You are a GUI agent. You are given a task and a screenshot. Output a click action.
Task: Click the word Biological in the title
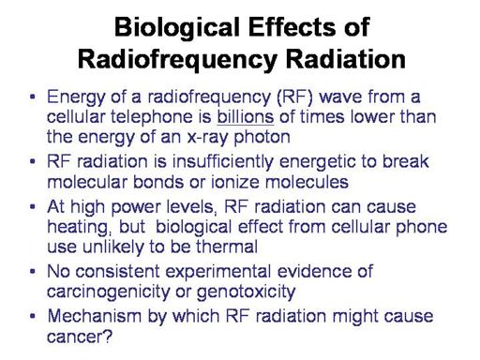click(177, 28)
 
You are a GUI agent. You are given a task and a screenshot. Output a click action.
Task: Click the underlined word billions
click(246, 117)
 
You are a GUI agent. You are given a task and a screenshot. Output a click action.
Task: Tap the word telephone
click(152, 117)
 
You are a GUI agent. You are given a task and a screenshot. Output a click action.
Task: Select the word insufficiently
click(223, 162)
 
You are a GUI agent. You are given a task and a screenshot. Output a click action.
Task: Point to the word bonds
click(158, 182)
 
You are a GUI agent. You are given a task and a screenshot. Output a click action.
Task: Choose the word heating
click(78, 228)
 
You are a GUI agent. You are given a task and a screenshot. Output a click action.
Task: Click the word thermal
click(227, 247)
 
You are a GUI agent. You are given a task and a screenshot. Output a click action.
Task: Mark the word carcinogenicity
click(109, 292)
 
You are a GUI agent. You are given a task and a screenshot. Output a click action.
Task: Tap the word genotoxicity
click(247, 292)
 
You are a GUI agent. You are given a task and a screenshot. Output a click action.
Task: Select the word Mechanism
click(95, 316)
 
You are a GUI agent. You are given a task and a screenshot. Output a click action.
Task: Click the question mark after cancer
click(108, 337)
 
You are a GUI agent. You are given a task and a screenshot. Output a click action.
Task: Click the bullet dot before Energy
click(32, 97)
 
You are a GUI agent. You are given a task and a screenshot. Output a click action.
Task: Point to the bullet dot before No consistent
click(32, 271)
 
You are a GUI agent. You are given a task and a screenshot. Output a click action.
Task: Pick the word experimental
click(217, 272)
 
